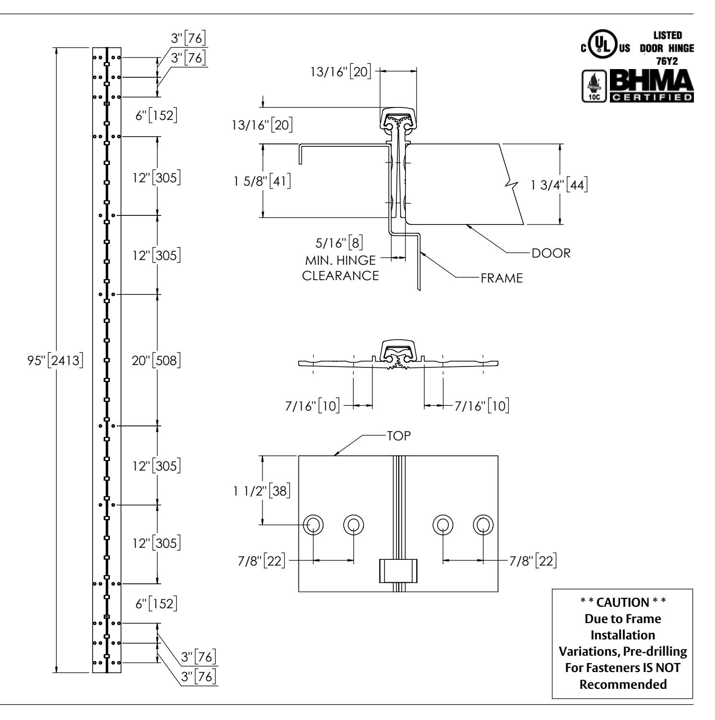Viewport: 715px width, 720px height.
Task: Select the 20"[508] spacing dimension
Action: (x=156, y=360)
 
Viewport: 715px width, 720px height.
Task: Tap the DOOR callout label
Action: (x=551, y=253)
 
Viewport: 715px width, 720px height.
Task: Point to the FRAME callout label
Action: (x=502, y=278)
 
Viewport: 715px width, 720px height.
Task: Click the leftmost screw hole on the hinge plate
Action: (x=313, y=524)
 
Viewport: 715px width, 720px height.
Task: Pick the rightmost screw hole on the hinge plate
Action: (x=483, y=524)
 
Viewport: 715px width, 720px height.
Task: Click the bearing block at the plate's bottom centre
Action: (x=398, y=570)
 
